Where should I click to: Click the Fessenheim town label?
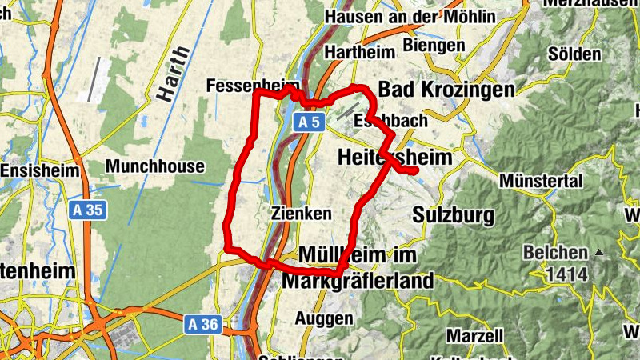tap(253, 86)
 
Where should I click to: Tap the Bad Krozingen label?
tap(446, 89)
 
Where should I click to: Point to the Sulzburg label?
tap(454, 215)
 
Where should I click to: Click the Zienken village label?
tap(301, 214)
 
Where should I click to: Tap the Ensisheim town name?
tap(40, 171)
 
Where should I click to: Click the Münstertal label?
tap(541, 182)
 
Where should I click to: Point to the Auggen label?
tap(324, 318)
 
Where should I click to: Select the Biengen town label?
tap(434, 45)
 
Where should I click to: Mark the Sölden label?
tap(574, 54)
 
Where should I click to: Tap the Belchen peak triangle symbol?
tap(598, 253)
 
